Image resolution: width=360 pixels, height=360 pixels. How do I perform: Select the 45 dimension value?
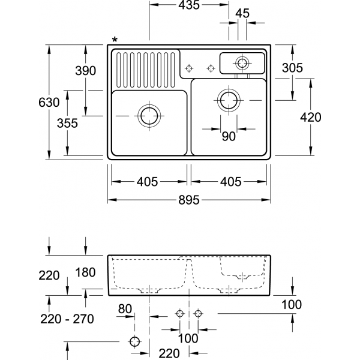click(243, 13)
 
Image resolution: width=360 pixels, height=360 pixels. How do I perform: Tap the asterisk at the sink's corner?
click(115, 40)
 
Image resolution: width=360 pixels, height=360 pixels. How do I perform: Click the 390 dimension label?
click(85, 71)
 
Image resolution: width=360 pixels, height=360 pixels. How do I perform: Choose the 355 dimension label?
click(67, 124)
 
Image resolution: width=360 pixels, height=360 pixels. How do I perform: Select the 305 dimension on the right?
click(292, 68)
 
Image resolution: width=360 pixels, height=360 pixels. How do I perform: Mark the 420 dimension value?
click(310, 118)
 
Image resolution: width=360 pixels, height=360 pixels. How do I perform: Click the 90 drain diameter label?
click(229, 137)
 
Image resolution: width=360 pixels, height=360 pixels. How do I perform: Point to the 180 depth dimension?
click(86, 273)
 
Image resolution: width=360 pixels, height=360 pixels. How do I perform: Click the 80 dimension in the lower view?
click(125, 310)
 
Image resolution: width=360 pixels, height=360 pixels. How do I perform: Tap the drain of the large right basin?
click(229, 99)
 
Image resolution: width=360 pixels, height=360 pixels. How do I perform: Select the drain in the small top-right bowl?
click(242, 62)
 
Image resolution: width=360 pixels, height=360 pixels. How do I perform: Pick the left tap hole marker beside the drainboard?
click(189, 68)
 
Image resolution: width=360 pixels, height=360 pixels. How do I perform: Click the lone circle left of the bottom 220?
click(134, 342)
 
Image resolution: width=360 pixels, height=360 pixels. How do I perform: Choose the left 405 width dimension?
click(147, 181)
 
